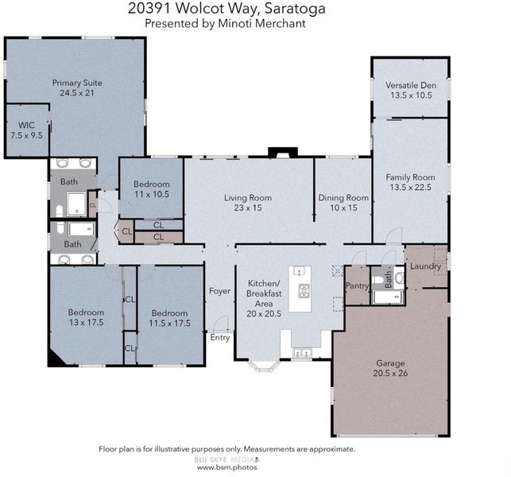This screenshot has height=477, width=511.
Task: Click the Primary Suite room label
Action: coord(77,83)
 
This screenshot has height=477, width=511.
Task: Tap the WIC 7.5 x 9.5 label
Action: coord(26,130)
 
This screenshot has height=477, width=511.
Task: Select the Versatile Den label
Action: coord(411,85)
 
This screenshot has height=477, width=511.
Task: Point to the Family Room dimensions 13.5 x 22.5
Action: coord(411,188)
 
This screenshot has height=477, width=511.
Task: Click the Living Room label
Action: coord(248,198)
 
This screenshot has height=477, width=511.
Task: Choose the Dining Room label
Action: coord(343,198)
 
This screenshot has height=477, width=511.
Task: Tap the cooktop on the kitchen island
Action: coord(304,291)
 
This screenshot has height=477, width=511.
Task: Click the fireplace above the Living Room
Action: coord(283,153)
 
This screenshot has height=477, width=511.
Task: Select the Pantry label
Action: coord(357,286)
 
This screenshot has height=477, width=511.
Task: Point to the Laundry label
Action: coord(425,266)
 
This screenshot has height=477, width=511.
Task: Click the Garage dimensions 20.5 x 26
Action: coord(390,374)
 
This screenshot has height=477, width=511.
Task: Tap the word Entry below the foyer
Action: coord(220,337)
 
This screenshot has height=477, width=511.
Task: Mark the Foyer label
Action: coord(219,291)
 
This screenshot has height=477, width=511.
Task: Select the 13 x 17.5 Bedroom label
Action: coord(86,317)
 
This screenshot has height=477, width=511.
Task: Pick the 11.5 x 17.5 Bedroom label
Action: coord(169,318)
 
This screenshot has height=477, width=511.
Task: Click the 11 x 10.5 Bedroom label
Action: coord(152,189)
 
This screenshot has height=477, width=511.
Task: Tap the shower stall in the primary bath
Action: coord(76,204)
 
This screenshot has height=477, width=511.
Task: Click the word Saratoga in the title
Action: coord(295,9)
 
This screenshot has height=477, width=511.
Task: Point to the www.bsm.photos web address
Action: coord(226,467)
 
